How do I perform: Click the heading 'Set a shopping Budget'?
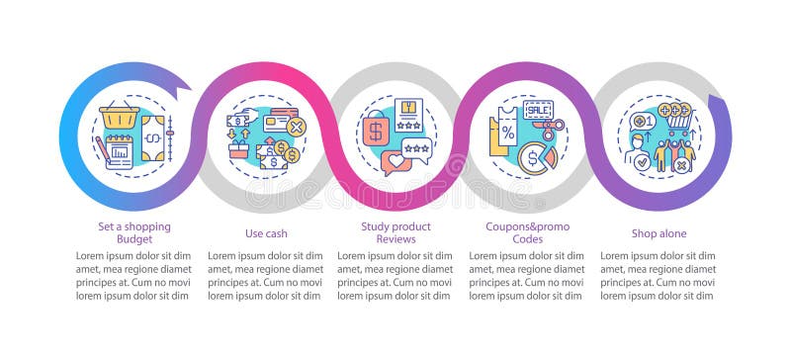click(133, 232)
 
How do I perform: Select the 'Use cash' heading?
click(264, 233)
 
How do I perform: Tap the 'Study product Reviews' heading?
click(395, 232)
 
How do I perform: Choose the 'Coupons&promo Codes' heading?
click(526, 232)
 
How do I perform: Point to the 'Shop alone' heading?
click(659, 233)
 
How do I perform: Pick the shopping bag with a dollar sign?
click(376, 132)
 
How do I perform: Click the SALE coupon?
click(539, 109)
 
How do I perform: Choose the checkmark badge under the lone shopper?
click(640, 162)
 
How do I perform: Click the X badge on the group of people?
click(680, 166)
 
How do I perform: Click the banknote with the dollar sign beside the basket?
click(152, 136)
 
